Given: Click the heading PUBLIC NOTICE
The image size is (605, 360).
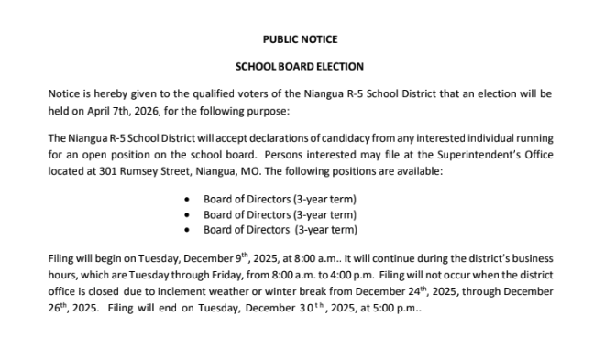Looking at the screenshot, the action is [x=300, y=39].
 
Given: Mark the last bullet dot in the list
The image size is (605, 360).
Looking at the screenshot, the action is [x=188, y=229].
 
